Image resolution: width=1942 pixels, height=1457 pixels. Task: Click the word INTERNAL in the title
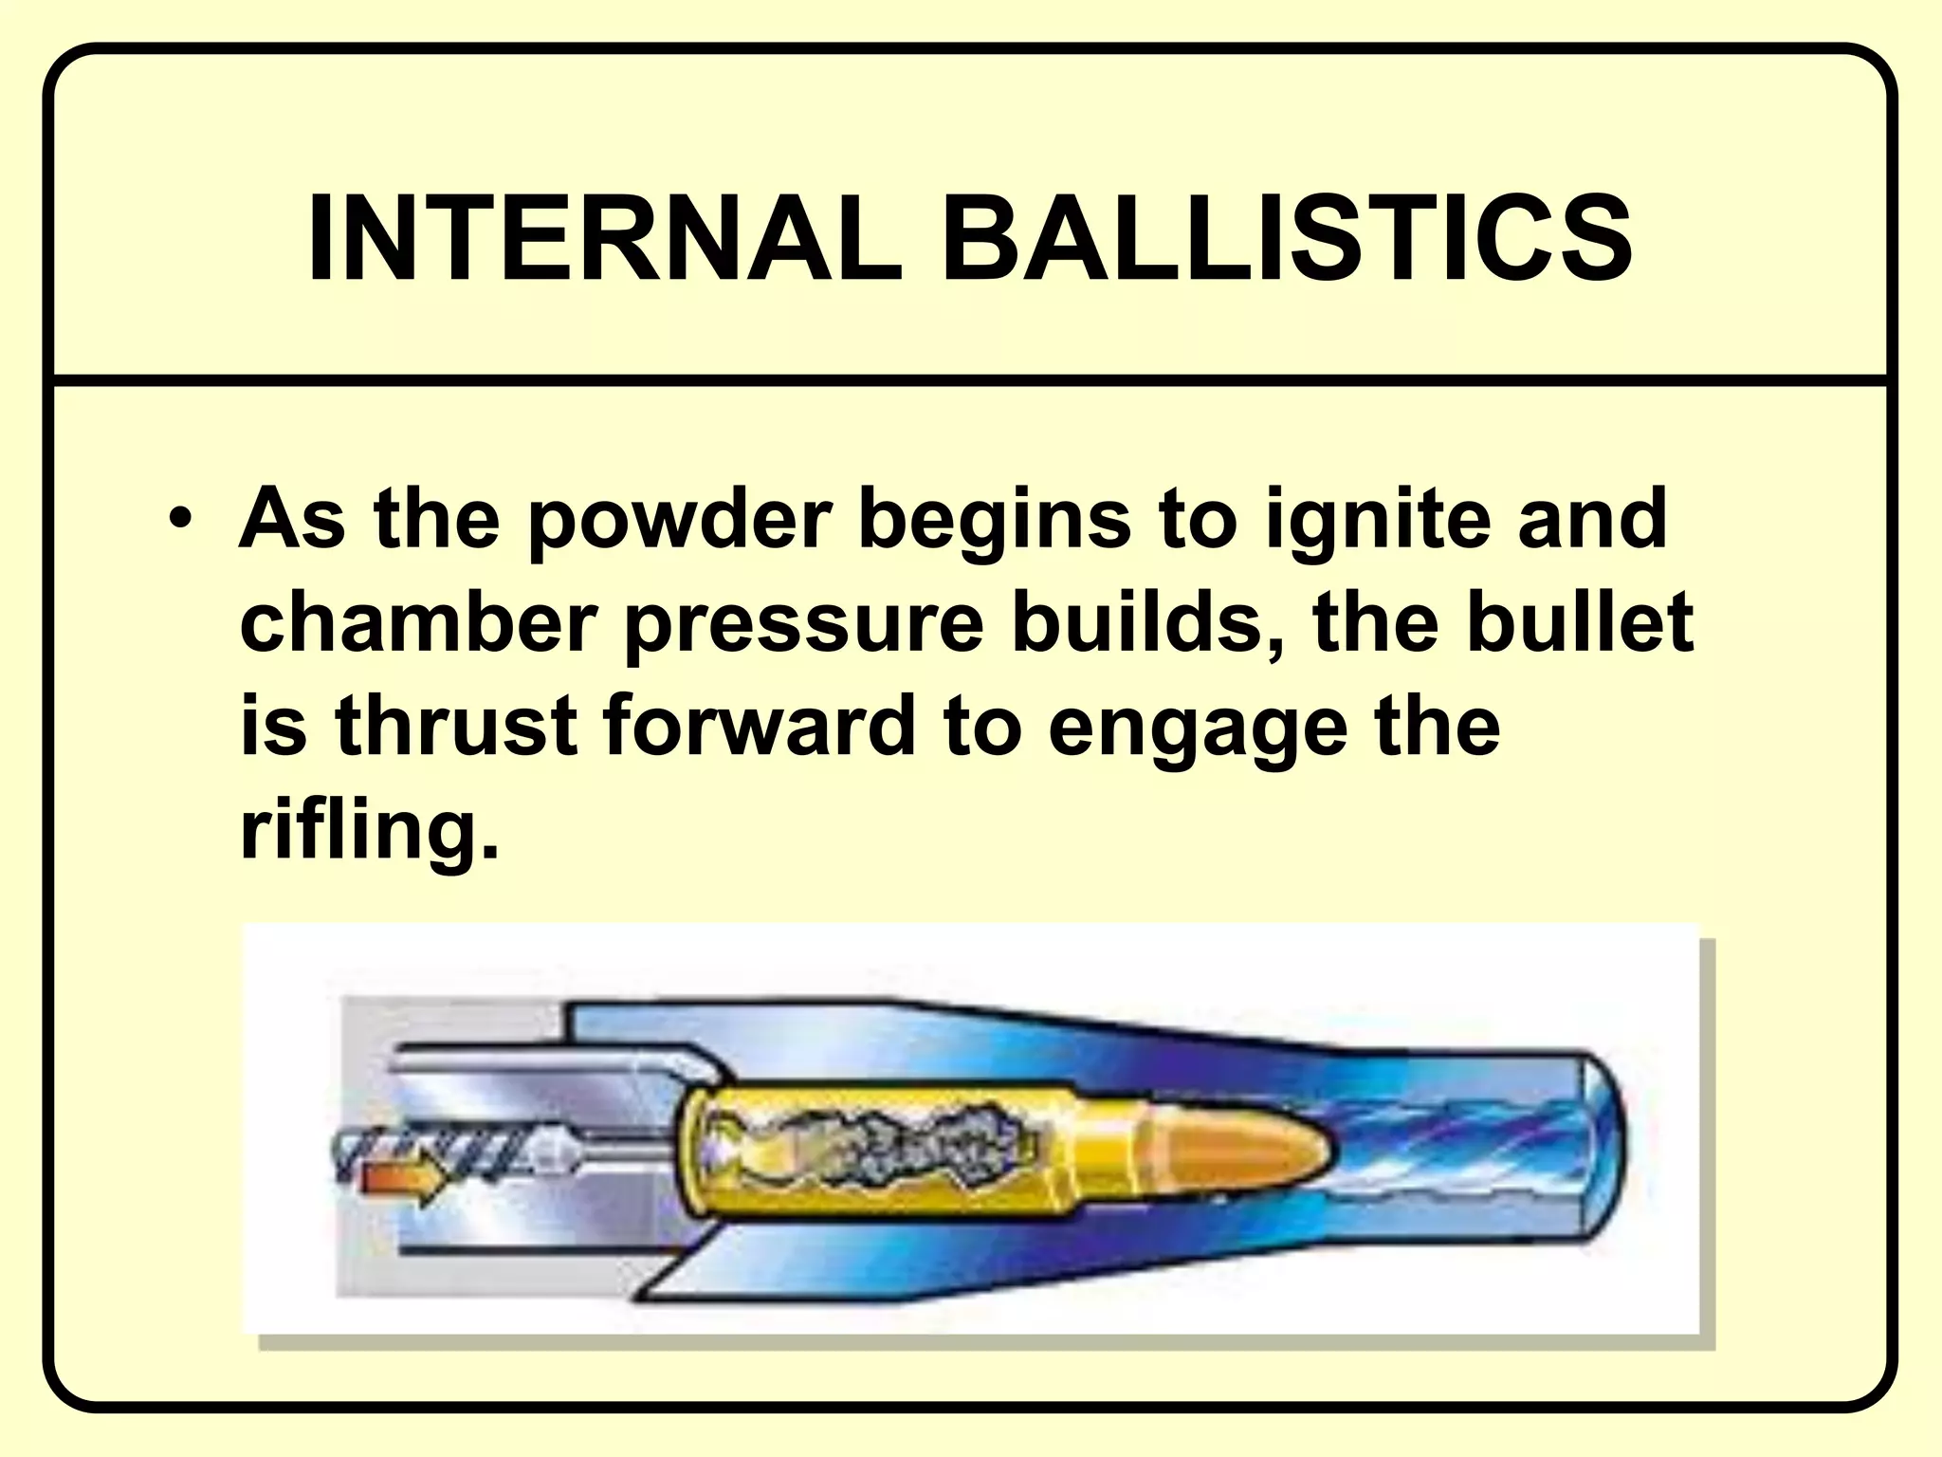605,239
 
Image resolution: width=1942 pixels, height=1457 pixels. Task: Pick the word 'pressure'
805,624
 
